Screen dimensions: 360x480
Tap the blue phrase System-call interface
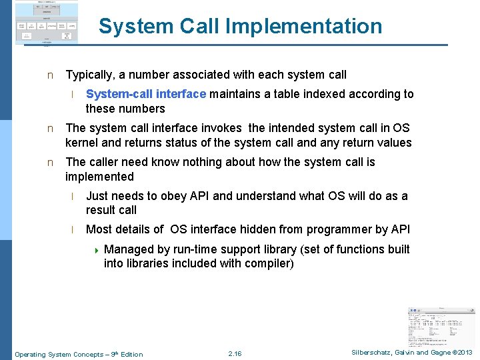click(x=146, y=94)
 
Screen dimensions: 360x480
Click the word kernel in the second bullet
click(x=82, y=143)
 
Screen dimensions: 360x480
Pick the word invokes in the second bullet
click(x=223, y=128)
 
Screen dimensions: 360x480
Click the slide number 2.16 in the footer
click(x=235, y=354)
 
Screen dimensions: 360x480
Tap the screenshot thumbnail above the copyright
click(x=441, y=325)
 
